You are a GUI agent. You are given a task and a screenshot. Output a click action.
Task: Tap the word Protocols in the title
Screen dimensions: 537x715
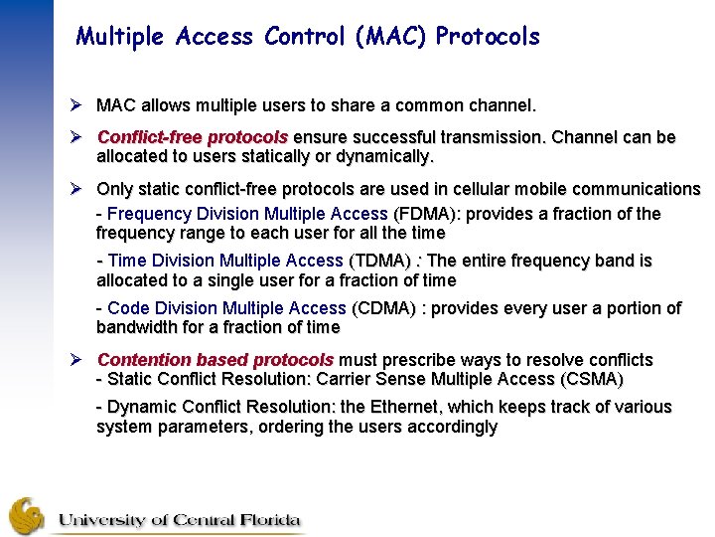point(489,38)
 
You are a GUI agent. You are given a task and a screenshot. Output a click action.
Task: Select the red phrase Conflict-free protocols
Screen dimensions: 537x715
point(193,137)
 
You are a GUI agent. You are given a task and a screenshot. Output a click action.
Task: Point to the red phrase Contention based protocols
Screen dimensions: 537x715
point(215,360)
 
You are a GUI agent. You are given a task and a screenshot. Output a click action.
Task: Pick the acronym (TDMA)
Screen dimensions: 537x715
point(379,261)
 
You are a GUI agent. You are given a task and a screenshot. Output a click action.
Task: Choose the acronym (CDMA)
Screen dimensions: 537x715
point(383,308)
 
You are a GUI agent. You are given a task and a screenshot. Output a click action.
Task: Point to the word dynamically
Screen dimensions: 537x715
point(382,157)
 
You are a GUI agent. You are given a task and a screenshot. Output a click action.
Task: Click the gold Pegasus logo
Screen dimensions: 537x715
point(27,516)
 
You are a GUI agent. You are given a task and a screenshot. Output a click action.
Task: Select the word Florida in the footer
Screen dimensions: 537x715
point(266,520)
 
